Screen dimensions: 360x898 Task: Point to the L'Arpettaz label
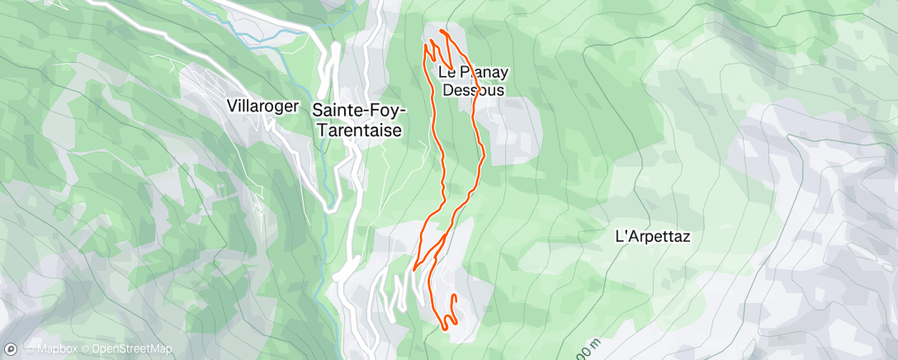pyautogui.click(x=653, y=236)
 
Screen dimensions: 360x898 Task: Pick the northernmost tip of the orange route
pyautogui.click(x=442, y=31)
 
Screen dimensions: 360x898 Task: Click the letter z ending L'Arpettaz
pyautogui.click(x=685, y=237)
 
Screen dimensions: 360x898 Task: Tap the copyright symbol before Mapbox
pyautogui.click(x=30, y=349)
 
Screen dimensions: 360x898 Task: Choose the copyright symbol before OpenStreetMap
pyautogui.click(x=85, y=349)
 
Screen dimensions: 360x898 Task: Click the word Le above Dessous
pyautogui.click(x=449, y=72)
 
